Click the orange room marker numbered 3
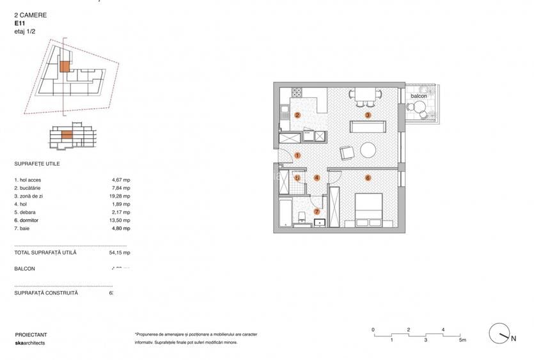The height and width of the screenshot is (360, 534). (368, 115)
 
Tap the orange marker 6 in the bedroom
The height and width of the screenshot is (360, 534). (368, 177)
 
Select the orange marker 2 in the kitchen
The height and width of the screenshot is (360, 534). (298, 115)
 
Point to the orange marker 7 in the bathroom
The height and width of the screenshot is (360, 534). (317, 212)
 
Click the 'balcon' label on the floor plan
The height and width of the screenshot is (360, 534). (419, 96)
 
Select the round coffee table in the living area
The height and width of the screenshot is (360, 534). (368, 150)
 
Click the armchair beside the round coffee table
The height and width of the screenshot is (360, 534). (347, 152)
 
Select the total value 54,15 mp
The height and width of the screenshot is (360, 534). (120, 253)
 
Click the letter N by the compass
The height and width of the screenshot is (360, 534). (513, 339)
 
